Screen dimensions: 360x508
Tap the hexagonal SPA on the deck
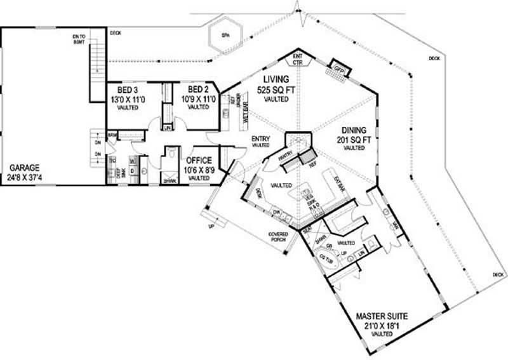tap(225, 36)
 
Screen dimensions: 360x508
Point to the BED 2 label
tap(199, 89)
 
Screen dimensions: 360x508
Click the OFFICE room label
tap(199, 161)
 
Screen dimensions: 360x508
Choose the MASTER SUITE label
tap(381, 316)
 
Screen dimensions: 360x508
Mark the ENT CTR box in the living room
tap(297, 60)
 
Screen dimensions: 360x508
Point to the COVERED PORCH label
tap(278, 237)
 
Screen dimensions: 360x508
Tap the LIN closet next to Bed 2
tap(168, 128)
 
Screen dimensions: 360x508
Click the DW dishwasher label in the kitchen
tap(276, 213)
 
